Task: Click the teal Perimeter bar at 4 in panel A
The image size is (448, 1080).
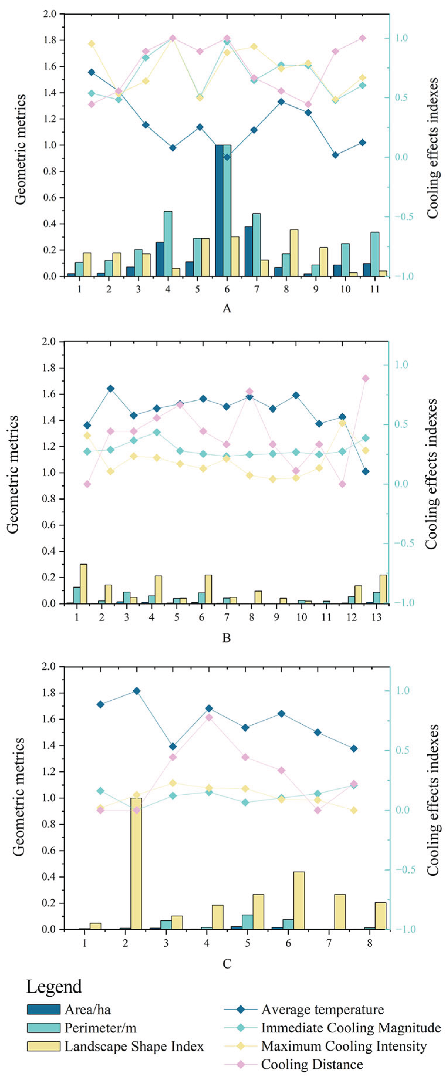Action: (x=168, y=243)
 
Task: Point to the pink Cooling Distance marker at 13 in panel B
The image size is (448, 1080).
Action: (x=365, y=378)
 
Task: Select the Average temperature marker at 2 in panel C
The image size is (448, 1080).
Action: (x=137, y=690)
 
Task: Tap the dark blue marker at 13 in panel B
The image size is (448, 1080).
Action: (x=365, y=471)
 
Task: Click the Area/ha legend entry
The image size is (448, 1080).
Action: (x=87, y=1009)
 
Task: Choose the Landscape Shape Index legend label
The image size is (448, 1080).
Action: (x=134, y=1046)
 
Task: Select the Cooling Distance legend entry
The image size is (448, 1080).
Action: (x=312, y=1064)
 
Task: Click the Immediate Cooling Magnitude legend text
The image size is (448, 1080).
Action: (x=351, y=1027)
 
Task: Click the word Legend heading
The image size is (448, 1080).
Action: (x=54, y=986)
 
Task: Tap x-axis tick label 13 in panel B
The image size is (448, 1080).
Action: (x=376, y=617)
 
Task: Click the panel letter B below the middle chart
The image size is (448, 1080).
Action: (x=226, y=638)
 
